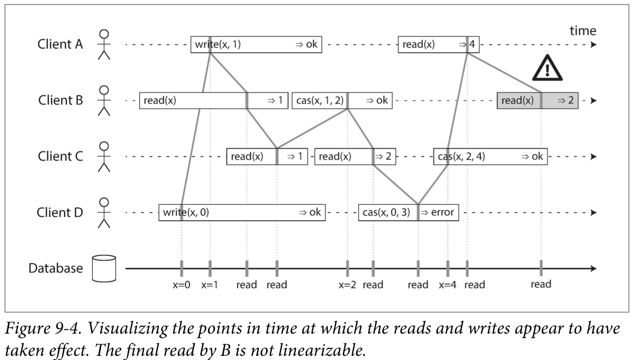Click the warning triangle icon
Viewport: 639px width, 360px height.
pos(547,68)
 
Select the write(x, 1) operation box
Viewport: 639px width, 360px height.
pos(256,44)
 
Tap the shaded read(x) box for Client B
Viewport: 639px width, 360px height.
pos(538,100)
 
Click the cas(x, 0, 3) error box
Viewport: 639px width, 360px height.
pos(409,213)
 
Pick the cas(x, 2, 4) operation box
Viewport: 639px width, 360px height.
pos(491,157)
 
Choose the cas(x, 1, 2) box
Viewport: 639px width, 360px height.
pos(342,100)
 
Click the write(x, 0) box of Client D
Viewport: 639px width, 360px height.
pos(242,213)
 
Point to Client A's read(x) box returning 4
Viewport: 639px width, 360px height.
pos(439,44)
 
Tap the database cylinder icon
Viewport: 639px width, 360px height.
pos(104,268)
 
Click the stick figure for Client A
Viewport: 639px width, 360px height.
pos(104,44)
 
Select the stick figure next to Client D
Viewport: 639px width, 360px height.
pos(104,213)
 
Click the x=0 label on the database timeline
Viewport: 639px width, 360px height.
pos(182,285)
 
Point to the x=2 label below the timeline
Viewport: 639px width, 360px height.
pos(347,285)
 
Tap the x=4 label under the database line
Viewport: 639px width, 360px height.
pos(448,285)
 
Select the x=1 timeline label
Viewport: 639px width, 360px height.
pos(209,285)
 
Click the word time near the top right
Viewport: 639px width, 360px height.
pos(583,31)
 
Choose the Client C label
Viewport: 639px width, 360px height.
pos(61,156)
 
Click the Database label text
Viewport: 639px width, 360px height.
pos(56,268)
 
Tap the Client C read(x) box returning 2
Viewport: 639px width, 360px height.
pos(355,157)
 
